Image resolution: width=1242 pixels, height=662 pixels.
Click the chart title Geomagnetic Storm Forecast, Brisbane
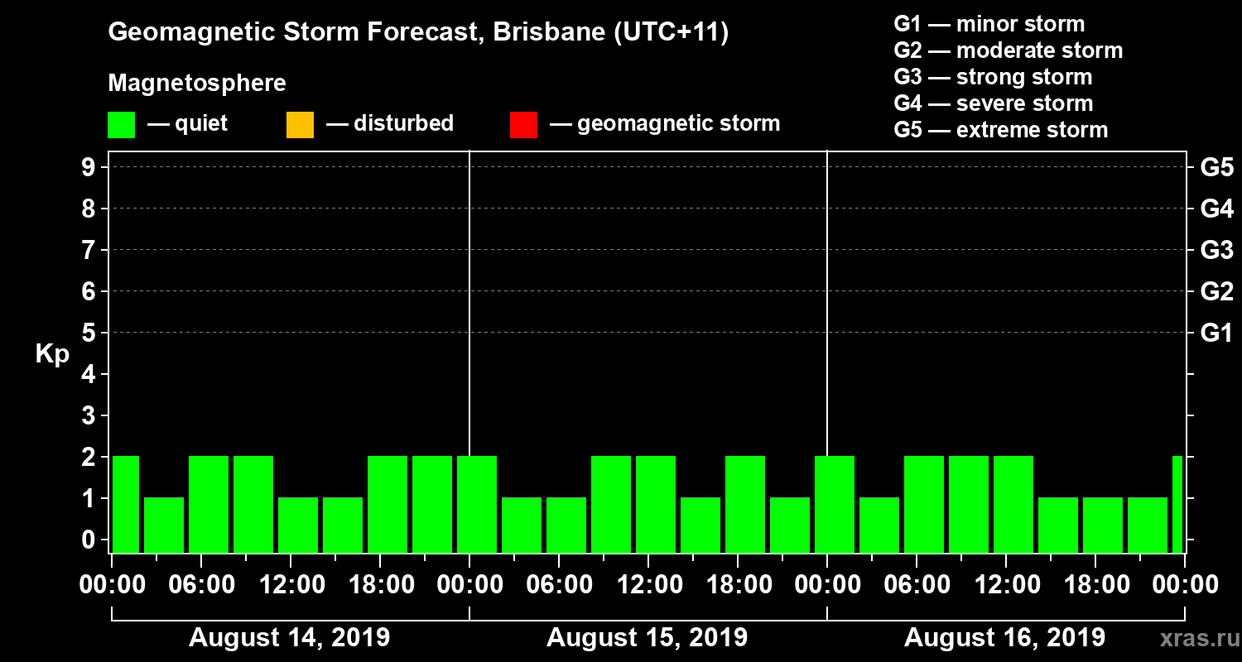[418, 33]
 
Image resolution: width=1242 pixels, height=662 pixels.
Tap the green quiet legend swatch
[121, 125]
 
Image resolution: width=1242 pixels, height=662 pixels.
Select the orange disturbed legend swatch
[300, 125]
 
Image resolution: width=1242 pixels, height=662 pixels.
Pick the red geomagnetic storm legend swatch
[523, 125]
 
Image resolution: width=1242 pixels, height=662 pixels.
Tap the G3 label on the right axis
[1216, 250]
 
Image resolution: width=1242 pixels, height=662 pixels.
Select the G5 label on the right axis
[1216, 167]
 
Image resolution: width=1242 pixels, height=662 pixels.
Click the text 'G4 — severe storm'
[993, 103]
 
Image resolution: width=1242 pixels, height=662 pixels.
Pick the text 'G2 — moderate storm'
[1008, 50]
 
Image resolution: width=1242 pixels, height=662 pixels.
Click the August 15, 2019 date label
[647, 638]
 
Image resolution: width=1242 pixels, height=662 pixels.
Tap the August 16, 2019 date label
[1004, 638]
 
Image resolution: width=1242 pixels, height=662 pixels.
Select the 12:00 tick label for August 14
[291, 585]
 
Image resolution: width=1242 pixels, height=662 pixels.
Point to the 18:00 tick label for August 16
[1095, 585]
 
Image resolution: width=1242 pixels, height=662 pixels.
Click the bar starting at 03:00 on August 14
[164, 525]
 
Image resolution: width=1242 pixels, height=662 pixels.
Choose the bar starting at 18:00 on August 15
[745, 504]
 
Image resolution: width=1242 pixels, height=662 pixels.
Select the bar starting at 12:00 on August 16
[1013, 504]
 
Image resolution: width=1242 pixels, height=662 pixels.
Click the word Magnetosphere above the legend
[197, 84]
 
